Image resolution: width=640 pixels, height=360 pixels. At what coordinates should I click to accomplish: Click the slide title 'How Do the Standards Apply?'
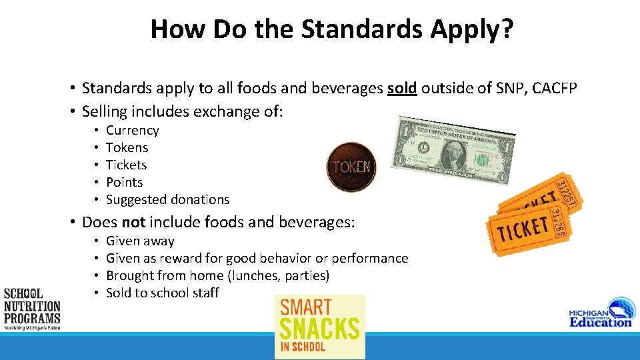pos(331,29)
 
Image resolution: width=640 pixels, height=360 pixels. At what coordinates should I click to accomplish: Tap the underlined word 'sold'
pos(401,88)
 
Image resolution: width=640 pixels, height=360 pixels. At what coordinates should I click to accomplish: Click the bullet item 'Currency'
pos(132,131)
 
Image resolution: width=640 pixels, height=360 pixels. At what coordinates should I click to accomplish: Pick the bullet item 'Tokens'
pos(127,148)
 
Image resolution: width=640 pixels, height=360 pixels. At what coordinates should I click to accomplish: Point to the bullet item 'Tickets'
pos(126,165)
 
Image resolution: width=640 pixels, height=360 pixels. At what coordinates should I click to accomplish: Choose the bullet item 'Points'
pos(124,183)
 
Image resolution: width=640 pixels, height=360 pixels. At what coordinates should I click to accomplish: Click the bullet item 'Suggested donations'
pos(167,200)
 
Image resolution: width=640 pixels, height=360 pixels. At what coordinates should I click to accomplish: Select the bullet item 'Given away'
pos(140,241)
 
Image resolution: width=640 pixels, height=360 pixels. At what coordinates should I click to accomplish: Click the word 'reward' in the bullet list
pos(201,259)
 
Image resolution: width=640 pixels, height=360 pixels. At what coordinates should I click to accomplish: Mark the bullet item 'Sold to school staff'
pos(162,293)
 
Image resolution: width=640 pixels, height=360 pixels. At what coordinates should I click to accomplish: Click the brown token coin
pos(351,167)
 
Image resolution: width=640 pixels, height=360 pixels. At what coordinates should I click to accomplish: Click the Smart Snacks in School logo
pos(320,327)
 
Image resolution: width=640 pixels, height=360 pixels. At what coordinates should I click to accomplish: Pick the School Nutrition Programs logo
pos(31,309)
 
